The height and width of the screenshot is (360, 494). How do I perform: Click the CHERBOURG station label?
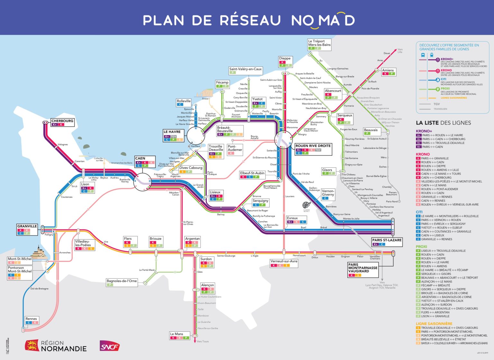click(x=62, y=121)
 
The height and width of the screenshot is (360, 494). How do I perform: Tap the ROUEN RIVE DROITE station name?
click(x=313, y=146)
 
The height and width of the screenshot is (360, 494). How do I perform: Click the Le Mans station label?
click(x=177, y=334)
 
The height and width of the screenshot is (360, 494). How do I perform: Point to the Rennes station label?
click(x=31, y=319)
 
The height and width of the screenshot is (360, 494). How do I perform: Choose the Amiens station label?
click(x=388, y=70)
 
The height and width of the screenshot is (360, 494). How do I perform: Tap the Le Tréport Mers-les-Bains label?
click(x=319, y=43)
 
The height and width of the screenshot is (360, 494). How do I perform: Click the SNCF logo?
click(x=109, y=346)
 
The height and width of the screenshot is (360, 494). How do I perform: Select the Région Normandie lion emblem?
click(x=32, y=346)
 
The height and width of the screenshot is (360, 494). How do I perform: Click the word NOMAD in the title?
click(x=323, y=20)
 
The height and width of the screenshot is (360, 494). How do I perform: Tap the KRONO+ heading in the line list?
click(x=424, y=131)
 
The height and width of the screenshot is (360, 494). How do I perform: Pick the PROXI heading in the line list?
click(x=421, y=247)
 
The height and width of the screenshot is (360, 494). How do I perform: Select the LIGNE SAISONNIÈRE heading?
click(x=434, y=324)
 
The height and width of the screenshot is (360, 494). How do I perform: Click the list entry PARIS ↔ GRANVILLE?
click(x=435, y=158)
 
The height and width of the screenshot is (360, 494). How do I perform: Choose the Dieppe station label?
click(x=285, y=59)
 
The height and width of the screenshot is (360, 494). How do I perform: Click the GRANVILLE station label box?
click(x=27, y=226)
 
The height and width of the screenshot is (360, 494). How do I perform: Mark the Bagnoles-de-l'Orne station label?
click(x=122, y=281)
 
